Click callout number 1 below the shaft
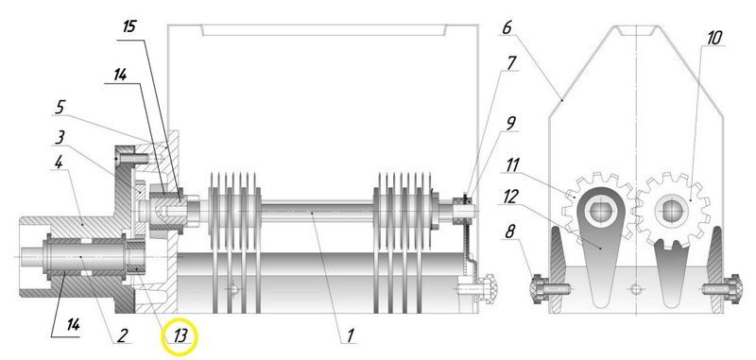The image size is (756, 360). click(351, 334)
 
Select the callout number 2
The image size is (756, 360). click(123, 334)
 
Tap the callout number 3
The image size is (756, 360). click(60, 138)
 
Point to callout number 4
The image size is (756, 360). click(59, 162)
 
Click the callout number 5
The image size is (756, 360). click(60, 107)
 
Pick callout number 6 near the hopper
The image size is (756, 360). click(507, 28)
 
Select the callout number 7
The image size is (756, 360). click(511, 63)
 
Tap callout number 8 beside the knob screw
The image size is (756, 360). click(509, 231)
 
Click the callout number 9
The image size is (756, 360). click(510, 123)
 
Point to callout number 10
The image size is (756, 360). click(715, 38)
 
